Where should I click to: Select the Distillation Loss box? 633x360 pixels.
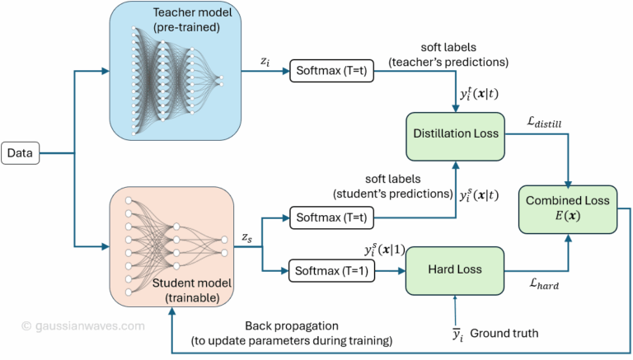coord(453,132)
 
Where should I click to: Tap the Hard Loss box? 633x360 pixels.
coord(453,269)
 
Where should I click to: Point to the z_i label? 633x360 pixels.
coord(263,60)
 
